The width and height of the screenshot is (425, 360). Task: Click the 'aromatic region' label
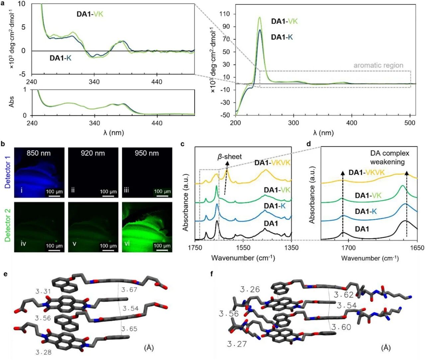click(x=378, y=65)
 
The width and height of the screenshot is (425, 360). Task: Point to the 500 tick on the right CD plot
click(x=410, y=123)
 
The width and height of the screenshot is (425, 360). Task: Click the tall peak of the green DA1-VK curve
click(x=259, y=18)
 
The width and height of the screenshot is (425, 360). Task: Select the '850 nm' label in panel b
click(x=39, y=153)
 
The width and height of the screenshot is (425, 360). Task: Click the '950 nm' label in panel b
click(x=146, y=153)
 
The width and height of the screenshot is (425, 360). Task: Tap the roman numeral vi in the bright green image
click(x=127, y=244)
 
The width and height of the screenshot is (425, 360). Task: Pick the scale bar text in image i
click(x=54, y=191)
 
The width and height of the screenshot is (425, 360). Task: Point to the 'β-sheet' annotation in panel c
click(x=229, y=156)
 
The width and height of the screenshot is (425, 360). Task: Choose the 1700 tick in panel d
click(x=348, y=248)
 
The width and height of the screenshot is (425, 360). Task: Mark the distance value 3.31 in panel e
click(x=43, y=291)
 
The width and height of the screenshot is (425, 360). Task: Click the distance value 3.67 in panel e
click(x=129, y=290)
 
